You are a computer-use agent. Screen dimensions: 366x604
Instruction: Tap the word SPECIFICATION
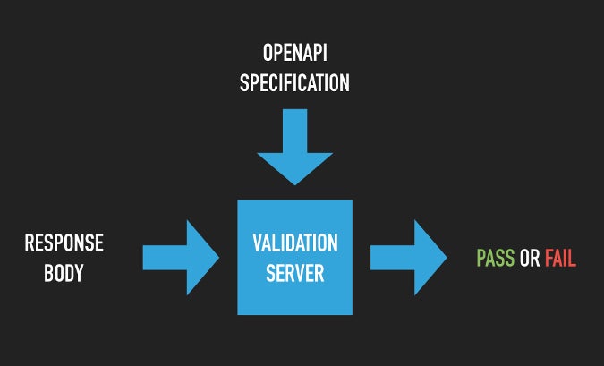tap(294, 83)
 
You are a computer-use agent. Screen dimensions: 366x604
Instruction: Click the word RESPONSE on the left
tap(64, 243)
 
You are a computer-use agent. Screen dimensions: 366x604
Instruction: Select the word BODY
tap(64, 273)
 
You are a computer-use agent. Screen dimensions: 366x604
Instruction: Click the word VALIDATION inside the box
tap(294, 243)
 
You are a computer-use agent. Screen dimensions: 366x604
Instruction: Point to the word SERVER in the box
tap(294, 273)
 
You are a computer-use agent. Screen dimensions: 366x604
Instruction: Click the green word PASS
tap(495, 259)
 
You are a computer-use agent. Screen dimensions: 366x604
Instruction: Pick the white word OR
tap(530, 259)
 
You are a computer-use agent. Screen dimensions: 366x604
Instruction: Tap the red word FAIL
tap(560, 259)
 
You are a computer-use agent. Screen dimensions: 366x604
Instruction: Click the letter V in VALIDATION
tap(258, 243)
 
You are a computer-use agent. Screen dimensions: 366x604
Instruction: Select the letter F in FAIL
tap(549, 259)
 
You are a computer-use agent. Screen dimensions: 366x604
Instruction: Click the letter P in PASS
tap(481, 259)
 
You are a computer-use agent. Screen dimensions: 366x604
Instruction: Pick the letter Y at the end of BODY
tap(79, 273)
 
